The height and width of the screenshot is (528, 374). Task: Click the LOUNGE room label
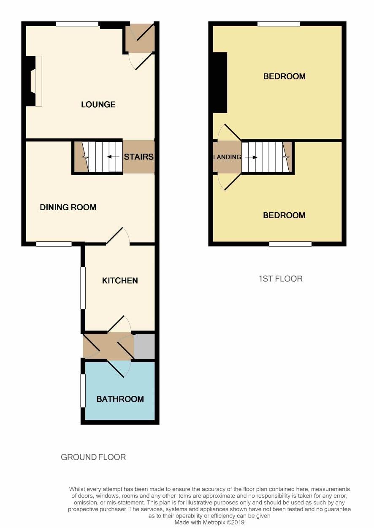tap(98, 104)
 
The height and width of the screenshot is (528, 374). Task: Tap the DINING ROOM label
tap(68, 207)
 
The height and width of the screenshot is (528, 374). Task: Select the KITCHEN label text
tap(120, 281)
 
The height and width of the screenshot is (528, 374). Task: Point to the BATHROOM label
tap(120, 399)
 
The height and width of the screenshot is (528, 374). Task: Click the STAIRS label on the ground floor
tap(138, 157)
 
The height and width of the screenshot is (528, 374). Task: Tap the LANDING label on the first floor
tap(227, 157)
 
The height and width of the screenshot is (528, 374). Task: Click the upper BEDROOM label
tap(285, 76)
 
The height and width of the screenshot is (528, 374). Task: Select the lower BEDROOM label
tap(284, 215)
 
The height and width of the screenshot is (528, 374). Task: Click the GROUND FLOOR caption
tap(93, 457)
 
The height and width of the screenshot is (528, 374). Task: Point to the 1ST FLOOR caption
tap(281, 279)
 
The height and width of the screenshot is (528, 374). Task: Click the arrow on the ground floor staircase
tap(113, 157)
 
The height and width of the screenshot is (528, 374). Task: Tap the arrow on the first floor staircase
tap(251, 157)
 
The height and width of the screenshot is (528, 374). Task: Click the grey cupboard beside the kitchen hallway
tap(144, 346)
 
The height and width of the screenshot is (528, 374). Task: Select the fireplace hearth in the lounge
tap(39, 81)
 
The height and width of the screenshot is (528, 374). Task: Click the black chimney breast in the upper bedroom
tap(220, 82)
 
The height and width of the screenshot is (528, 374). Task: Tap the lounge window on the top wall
tap(77, 24)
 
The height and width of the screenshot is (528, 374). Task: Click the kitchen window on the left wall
tap(83, 287)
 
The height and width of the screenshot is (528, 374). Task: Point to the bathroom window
tap(83, 391)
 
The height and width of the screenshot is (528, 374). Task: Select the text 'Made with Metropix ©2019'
tap(209, 523)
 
